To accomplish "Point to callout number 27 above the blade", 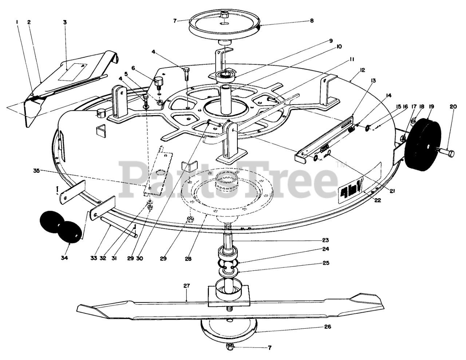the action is [x=186, y=286].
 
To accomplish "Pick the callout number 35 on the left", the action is [x=37, y=171].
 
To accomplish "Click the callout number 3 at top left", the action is [x=65, y=22].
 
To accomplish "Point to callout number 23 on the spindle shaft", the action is [x=325, y=240].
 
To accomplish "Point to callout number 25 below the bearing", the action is [x=326, y=262].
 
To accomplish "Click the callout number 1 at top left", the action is [x=17, y=22].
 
